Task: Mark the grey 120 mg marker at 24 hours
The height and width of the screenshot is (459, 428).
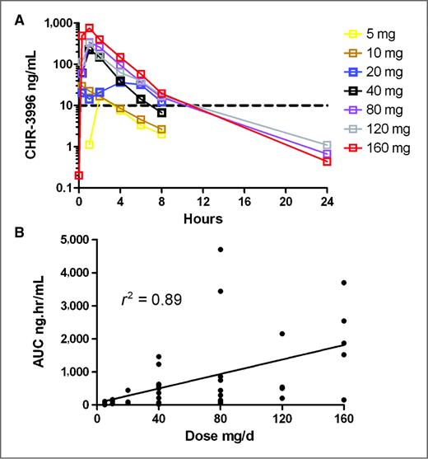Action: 327,146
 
